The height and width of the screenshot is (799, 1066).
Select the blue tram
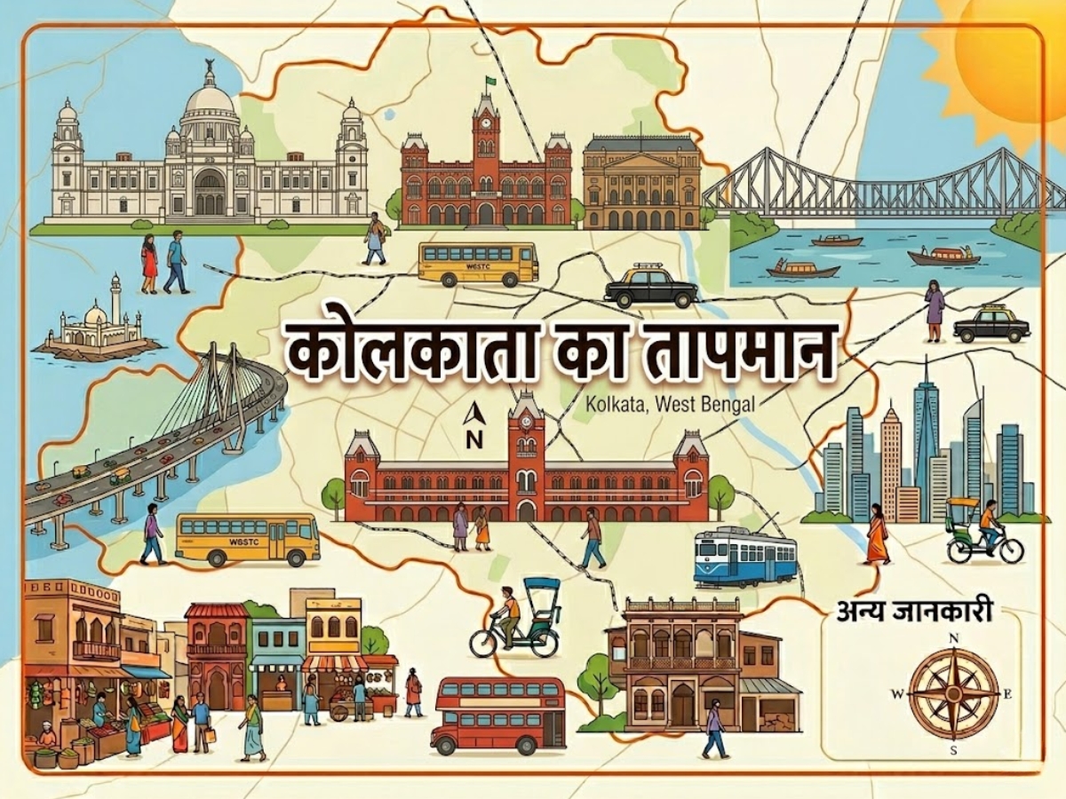click(x=744, y=557)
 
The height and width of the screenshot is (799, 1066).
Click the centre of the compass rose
click(x=953, y=692)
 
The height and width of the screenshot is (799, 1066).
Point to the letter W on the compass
click(x=897, y=693)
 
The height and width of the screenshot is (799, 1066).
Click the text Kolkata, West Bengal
click(x=670, y=404)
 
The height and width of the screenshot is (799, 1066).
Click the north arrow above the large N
click(x=473, y=413)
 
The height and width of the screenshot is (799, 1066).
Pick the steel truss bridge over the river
click(x=879, y=186)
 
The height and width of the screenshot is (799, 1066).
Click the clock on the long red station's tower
click(x=526, y=436)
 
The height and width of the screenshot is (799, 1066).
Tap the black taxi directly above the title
click(x=650, y=286)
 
